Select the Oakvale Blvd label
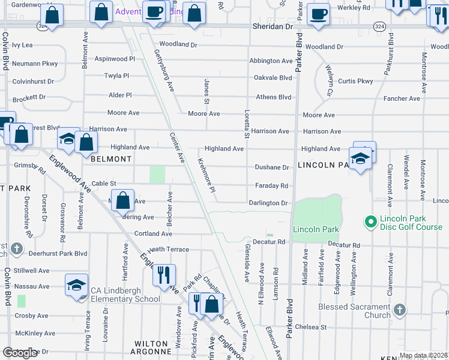pyautogui.click(x=273, y=77)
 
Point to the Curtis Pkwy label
pyautogui.click(x=355, y=81)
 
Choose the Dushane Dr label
pyautogui.click(x=272, y=167)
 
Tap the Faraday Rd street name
pyautogui.click(x=271, y=185)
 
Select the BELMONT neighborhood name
pyautogui.click(x=110, y=159)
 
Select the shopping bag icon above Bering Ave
pyautogui.click(x=123, y=201)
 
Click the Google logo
pyautogui.click(x=20, y=353)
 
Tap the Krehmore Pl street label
pyautogui.click(x=206, y=175)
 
